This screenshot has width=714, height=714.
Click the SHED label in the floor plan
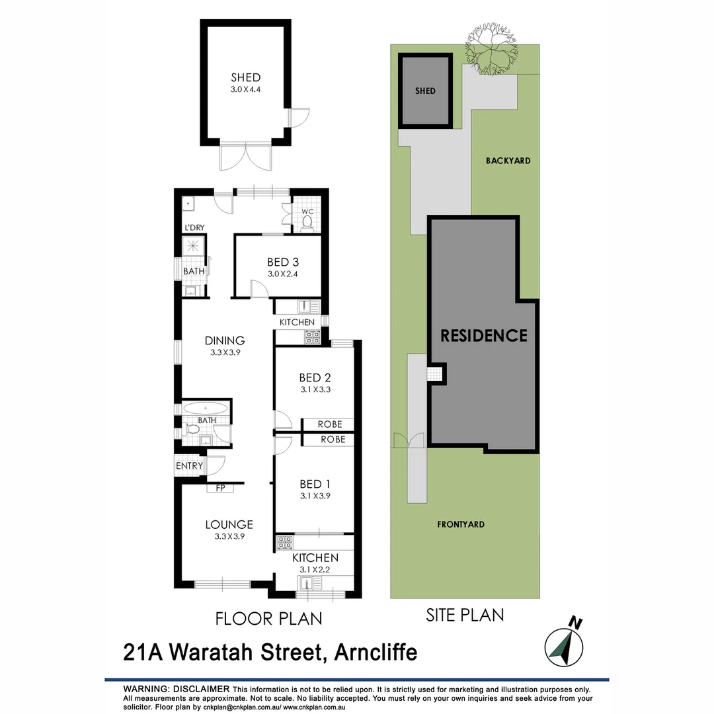(x=245, y=77)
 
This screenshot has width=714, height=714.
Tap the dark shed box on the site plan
(x=426, y=91)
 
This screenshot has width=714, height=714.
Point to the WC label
(x=307, y=212)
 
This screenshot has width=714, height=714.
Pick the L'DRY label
(x=194, y=228)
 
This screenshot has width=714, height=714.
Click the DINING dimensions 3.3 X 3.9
(x=225, y=353)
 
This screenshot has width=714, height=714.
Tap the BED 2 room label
(x=315, y=377)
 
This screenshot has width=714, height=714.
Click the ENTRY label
(x=190, y=466)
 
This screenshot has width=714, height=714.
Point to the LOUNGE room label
(x=229, y=525)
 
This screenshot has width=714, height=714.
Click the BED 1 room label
(x=315, y=484)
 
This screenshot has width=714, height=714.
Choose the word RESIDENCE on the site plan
(x=484, y=335)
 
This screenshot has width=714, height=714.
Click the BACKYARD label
(x=508, y=161)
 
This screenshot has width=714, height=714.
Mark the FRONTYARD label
(x=461, y=524)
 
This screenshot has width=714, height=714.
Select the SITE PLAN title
(x=463, y=615)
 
